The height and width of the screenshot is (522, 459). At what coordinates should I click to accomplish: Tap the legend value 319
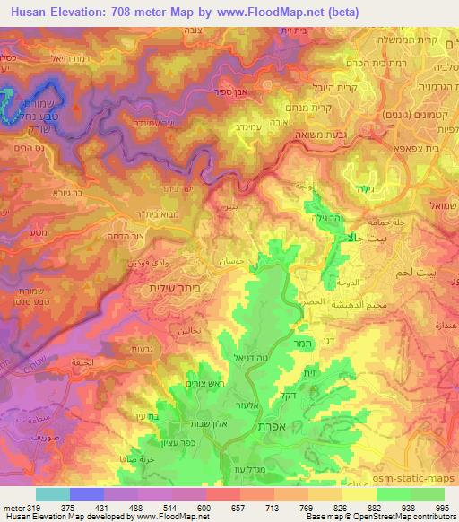point(33,509)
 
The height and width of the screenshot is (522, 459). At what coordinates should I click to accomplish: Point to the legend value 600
point(204,509)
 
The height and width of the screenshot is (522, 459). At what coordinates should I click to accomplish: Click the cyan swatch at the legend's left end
point(52,494)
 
